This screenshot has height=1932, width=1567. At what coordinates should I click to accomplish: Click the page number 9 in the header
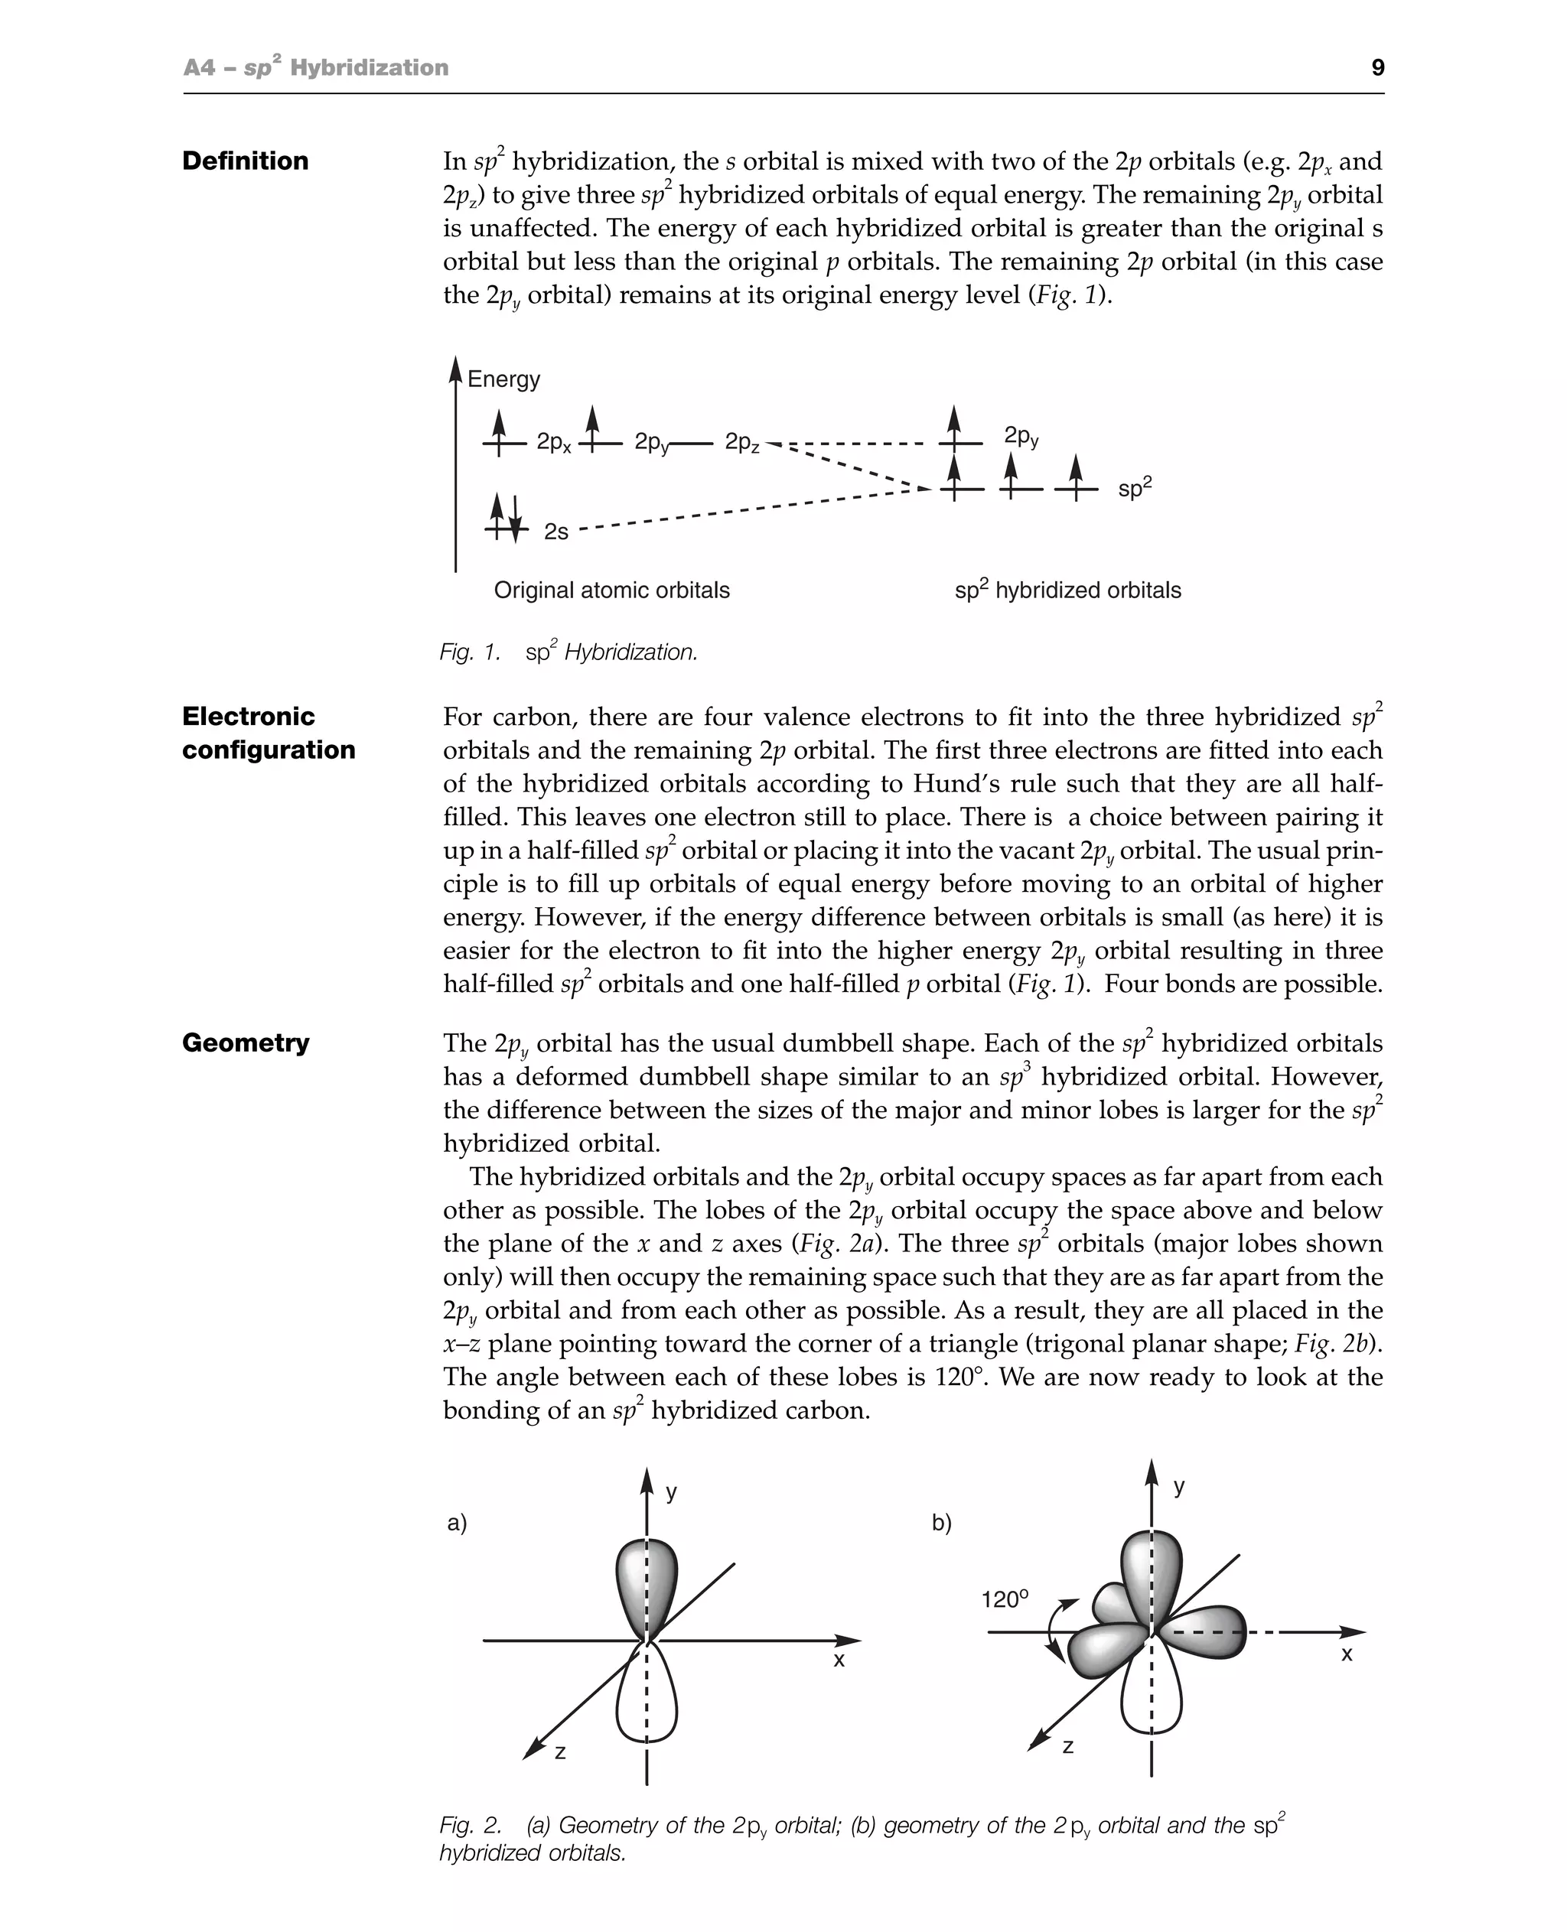click(1376, 67)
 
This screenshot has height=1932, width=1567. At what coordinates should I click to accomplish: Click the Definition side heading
click(246, 161)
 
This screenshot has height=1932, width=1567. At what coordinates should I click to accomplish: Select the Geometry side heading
click(246, 1042)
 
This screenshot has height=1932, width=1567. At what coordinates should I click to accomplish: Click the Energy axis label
click(503, 379)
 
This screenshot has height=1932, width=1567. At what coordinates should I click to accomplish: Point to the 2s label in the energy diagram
click(556, 532)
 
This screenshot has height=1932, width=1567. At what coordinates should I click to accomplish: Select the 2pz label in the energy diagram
click(742, 442)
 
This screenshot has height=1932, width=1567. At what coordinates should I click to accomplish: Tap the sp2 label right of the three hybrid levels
click(1135, 488)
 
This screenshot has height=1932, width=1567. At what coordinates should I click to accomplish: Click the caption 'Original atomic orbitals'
click(611, 590)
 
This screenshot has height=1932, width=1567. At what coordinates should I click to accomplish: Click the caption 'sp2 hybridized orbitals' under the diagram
click(1068, 590)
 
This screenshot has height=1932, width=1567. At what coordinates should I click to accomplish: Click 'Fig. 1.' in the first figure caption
click(469, 652)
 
